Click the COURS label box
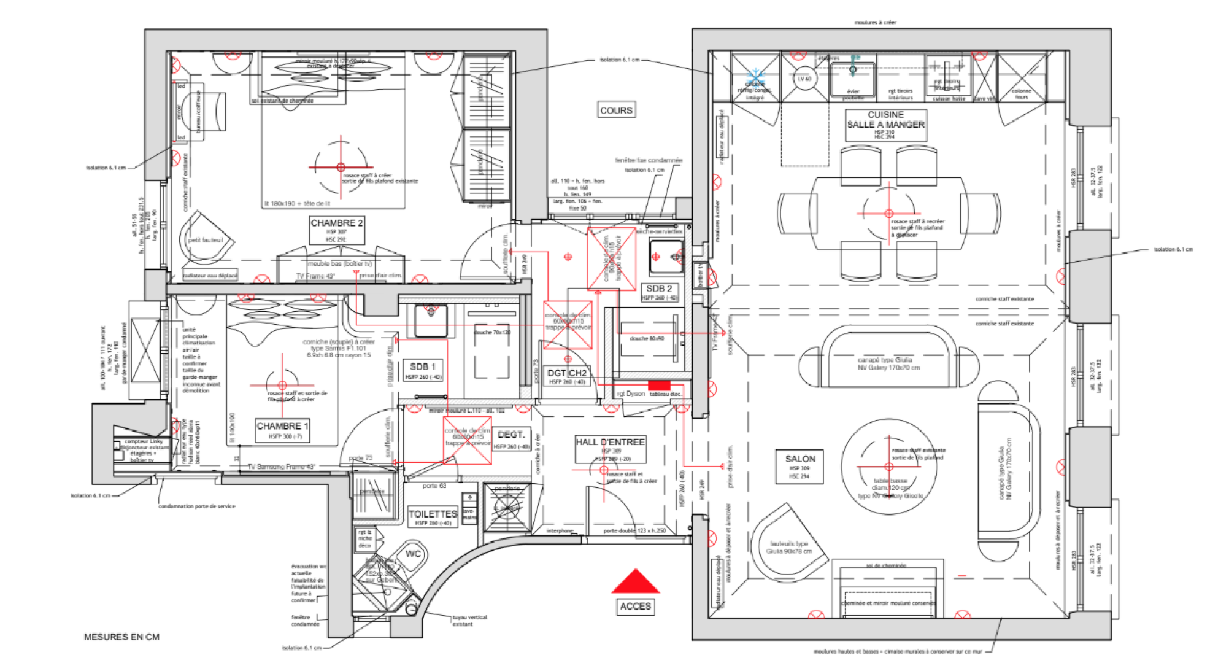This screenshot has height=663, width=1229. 616,110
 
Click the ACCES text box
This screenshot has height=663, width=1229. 635,607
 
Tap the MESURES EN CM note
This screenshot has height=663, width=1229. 121,637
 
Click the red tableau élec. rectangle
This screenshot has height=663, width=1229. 660,384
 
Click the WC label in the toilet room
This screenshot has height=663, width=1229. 413,554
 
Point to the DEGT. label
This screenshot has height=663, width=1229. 510,435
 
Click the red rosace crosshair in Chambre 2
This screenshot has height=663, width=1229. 341,167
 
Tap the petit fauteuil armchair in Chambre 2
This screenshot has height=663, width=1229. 207,239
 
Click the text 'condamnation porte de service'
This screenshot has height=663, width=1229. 196,506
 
